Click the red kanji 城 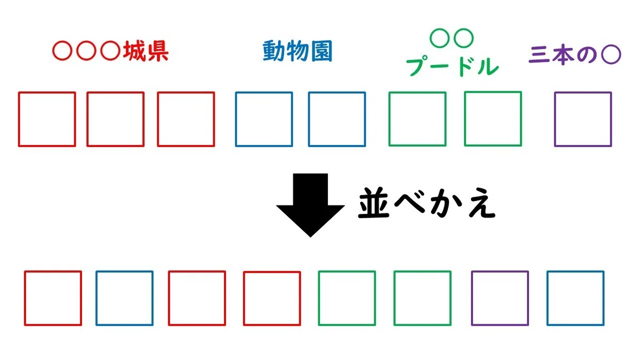134,51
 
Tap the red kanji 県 157,51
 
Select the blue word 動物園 298,51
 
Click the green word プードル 452,66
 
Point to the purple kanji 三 539,54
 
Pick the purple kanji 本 563,54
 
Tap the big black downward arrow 310,205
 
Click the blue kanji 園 322,51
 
